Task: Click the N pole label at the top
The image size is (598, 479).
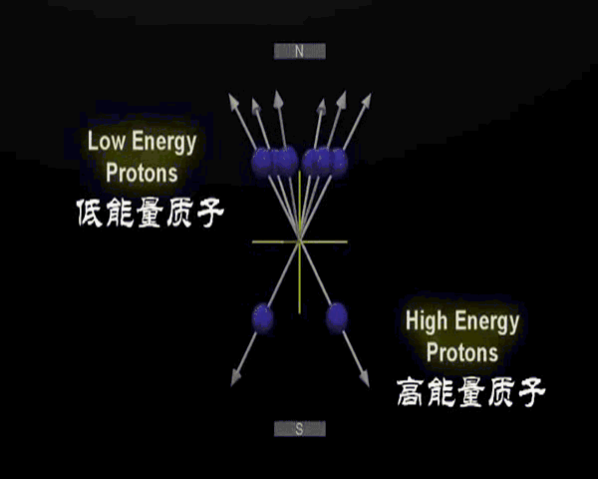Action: click(x=299, y=51)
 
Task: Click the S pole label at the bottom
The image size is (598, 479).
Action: click(x=299, y=429)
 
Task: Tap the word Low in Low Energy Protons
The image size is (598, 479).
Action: click(x=107, y=141)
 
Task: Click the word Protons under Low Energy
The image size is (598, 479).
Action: click(x=142, y=173)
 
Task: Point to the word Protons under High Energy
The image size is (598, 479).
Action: click(x=461, y=353)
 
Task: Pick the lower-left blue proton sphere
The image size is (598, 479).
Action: click(x=263, y=318)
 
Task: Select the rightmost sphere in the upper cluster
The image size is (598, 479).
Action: click(x=337, y=160)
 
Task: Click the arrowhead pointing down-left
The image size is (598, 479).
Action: click(x=237, y=378)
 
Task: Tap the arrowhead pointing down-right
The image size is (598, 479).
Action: click(x=364, y=378)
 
